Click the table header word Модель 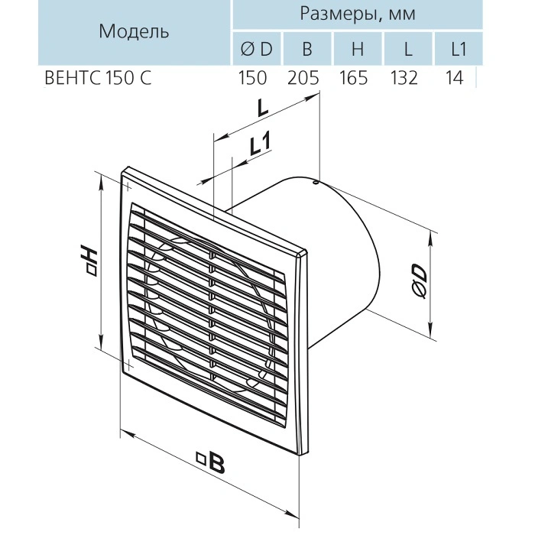tap(134, 32)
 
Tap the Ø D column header tap(256, 50)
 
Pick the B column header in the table tap(307, 50)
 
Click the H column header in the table tap(358, 50)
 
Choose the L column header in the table tap(409, 50)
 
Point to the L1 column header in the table tap(458, 50)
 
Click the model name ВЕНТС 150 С tap(96, 78)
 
